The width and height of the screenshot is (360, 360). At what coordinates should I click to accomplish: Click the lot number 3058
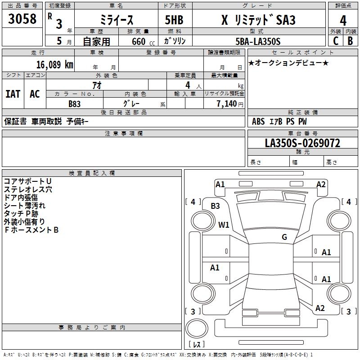[x=22, y=19]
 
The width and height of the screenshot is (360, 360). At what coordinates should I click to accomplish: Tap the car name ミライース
[x=116, y=20]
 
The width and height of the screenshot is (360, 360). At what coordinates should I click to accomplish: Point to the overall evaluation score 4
[x=343, y=20]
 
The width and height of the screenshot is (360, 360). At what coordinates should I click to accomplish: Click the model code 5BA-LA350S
[x=257, y=41]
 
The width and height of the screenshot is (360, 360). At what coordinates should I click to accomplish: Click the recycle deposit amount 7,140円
[x=230, y=103]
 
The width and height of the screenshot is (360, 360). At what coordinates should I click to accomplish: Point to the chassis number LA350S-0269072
[x=302, y=143]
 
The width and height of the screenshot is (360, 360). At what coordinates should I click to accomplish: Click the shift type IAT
[x=13, y=94]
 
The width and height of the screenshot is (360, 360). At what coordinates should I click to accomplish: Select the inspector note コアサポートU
[x=27, y=181]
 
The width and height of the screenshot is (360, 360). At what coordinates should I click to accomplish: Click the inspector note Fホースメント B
[x=31, y=230]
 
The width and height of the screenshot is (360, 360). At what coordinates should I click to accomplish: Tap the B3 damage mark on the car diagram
[x=216, y=206]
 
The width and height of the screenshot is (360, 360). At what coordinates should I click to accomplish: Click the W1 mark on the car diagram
[x=224, y=224]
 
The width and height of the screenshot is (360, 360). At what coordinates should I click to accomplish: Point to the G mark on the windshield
[x=284, y=237]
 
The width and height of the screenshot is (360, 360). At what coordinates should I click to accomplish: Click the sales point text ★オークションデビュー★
[x=288, y=63]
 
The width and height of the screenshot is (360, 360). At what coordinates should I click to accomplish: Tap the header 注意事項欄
[x=124, y=134]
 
